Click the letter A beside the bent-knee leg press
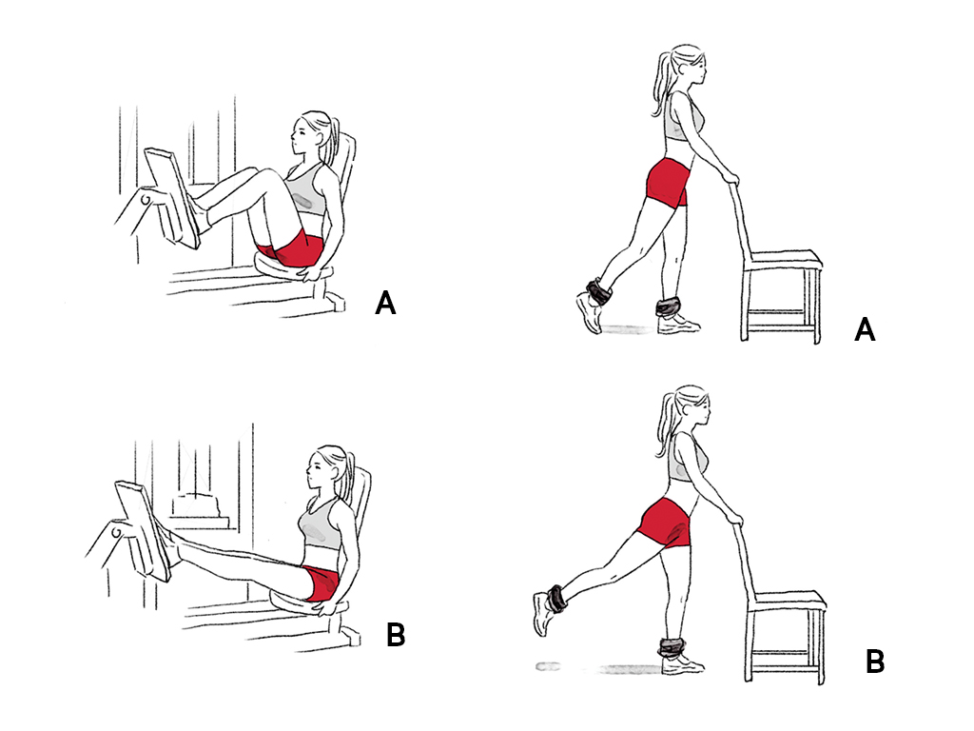[x=386, y=304]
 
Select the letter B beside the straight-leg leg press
[x=396, y=635]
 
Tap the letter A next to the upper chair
[x=865, y=330]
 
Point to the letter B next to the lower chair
[x=875, y=662]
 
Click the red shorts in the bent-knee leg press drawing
[x=292, y=248]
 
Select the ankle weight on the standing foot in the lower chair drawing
[x=671, y=647]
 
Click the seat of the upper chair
[x=785, y=258]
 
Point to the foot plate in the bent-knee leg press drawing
[x=173, y=197]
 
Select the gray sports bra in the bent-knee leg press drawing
[x=305, y=190]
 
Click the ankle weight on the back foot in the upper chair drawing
[x=598, y=291]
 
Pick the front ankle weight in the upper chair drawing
[x=669, y=307]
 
